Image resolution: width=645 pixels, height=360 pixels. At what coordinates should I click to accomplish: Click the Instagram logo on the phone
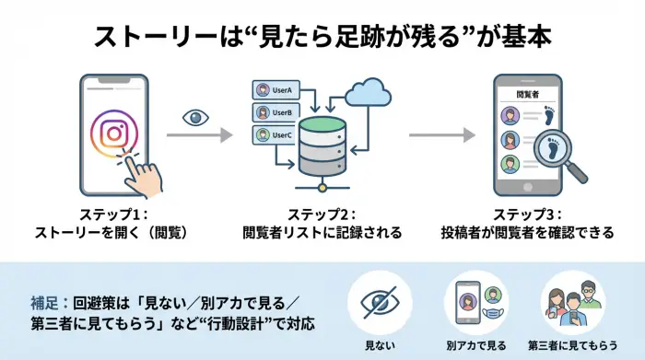(112, 134)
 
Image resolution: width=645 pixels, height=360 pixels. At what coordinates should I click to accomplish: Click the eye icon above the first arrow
(195, 117)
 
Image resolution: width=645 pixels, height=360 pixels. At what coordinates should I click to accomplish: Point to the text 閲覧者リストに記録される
(322, 233)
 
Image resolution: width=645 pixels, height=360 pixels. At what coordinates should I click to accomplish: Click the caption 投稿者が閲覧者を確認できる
(526, 233)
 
